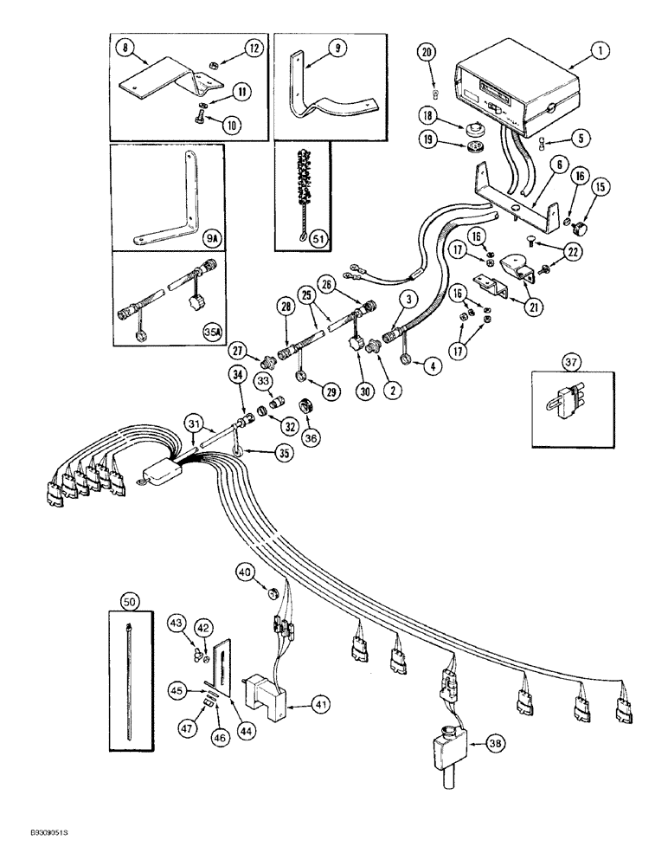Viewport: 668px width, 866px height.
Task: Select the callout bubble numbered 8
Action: [x=127, y=50]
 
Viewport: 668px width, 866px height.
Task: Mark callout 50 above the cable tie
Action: [x=130, y=600]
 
